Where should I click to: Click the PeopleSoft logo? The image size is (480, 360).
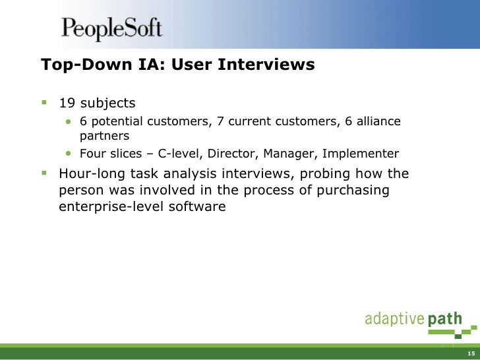click(x=111, y=28)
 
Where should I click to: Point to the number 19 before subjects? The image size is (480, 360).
click(x=67, y=103)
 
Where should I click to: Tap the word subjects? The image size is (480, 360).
click(x=107, y=103)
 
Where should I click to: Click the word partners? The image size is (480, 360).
click(x=104, y=136)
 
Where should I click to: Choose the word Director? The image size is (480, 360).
click(x=233, y=154)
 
